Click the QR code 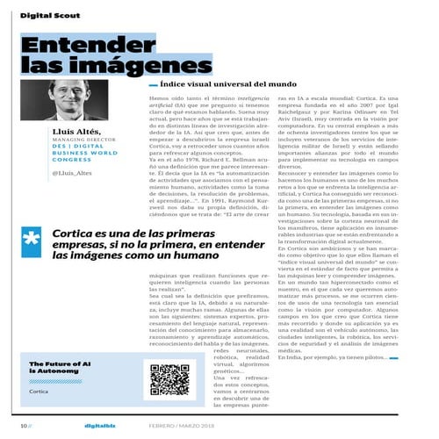click(x=169, y=378)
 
